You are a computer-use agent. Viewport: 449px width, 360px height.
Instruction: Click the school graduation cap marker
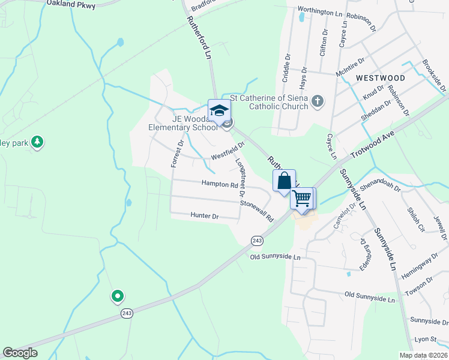219,110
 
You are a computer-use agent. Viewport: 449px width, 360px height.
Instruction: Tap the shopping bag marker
284,181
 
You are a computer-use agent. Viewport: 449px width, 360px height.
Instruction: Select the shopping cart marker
302,198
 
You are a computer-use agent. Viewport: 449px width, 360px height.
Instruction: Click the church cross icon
318,102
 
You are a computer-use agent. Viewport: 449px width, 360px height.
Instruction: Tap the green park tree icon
38,142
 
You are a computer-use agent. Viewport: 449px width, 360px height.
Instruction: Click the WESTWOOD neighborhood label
379,78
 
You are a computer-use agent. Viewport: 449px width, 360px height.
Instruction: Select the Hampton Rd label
219,184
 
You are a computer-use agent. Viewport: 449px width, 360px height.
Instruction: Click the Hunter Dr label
205,215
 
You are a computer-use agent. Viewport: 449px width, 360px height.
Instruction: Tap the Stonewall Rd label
256,211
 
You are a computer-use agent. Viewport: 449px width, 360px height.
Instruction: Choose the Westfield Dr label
228,152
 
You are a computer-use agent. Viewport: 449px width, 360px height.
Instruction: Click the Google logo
20,353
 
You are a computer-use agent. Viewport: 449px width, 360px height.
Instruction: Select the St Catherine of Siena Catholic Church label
270,102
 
